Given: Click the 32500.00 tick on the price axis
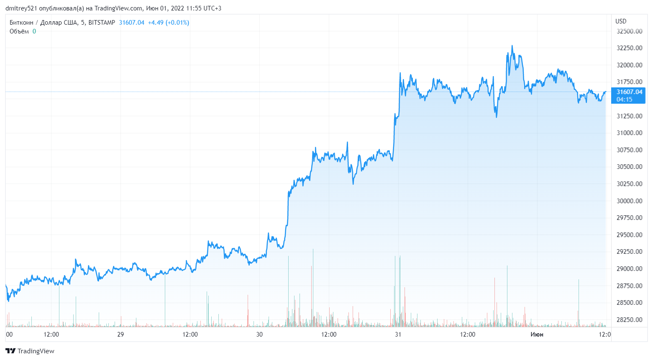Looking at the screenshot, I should point(629,31).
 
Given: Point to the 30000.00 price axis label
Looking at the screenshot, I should point(629,201).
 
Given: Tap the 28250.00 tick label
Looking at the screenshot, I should point(629,320).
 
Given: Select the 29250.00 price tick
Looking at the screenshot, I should point(629,252).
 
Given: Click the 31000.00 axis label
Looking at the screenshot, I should point(629,133).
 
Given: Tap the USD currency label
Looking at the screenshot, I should point(621,21).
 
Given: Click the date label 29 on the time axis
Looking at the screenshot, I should point(120,334).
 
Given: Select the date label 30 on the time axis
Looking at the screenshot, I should point(259,334).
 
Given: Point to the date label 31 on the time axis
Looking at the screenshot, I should point(398,334).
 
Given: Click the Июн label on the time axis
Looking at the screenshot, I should point(537,334).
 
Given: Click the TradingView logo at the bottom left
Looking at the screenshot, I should point(30,351).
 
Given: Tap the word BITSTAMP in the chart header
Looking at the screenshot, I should point(102,23).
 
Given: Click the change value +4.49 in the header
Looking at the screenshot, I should point(156,23).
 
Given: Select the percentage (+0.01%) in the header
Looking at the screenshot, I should point(177,23).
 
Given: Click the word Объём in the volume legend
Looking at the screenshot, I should point(19,31).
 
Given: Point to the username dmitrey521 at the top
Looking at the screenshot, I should point(21,8).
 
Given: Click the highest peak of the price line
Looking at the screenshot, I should point(512,46).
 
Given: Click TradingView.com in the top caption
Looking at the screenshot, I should point(118,8).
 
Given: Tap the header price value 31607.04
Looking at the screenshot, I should point(131,23).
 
